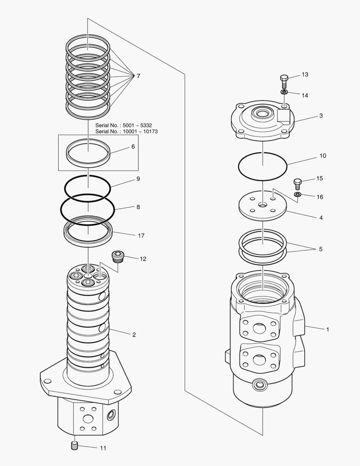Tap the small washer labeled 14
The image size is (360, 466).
[x=285, y=92]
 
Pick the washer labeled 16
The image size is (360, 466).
[x=297, y=195]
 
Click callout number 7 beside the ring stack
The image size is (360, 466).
[x=138, y=76]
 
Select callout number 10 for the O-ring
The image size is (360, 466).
[x=323, y=155]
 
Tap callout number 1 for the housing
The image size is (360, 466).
[x=328, y=330]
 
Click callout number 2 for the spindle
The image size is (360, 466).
[x=134, y=334]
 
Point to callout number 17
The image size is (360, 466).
[x=141, y=236]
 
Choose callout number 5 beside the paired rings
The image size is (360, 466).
[x=320, y=249]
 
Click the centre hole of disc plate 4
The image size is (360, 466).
[x=263, y=205]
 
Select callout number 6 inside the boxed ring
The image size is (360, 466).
[x=133, y=147]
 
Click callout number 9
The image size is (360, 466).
[x=138, y=178]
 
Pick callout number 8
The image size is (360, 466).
[x=138, y=207]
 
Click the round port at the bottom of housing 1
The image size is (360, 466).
[x=260, y=384]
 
